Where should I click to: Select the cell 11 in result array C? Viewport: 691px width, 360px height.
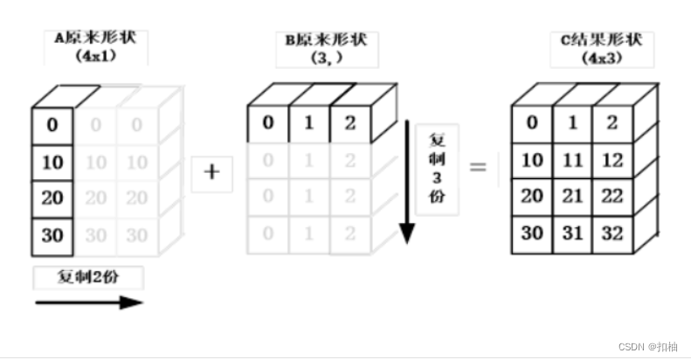pyautogui.click(x=571, y=159)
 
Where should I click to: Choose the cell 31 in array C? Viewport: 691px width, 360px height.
pyautogui.click(x=571, y=233)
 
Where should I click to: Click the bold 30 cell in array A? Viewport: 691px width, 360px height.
pyautogui.click(x=52, y=235)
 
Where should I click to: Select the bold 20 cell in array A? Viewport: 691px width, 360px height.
pyautogui.click(x=52, y=198)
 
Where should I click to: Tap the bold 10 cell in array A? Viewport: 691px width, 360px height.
pyautogui.click(x=52, y=162)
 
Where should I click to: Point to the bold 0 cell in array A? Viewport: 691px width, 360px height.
pyautogui.click(x=52, y=125)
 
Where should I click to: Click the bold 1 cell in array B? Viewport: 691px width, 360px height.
pyautogui.click(x=309, y=122)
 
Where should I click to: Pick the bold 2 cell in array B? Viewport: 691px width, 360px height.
pyautogui.click(x=349, y=122)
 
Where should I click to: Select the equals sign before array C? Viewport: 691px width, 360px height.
pyautogui.click(x=478, y=167)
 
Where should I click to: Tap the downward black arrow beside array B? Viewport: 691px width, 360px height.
pyautogui.click(x=406, y=183)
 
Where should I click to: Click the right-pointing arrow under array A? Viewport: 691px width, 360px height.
pyautogui.click(x=88, y=302)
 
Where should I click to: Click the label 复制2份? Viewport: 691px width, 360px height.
pyautogui.click(x=88, y=279)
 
